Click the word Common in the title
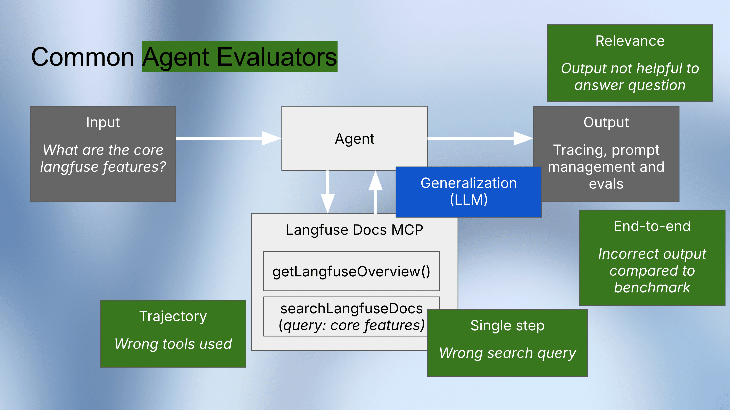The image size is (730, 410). coord(82,57)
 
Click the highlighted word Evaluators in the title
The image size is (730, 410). coord(277,57)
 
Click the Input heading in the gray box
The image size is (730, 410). coord(103,122)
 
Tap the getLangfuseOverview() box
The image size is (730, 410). coord(351,271)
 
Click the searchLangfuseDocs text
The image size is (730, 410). coord(351,308)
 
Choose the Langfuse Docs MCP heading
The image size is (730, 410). coord(354,230)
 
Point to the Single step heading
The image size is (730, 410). coord(507,325)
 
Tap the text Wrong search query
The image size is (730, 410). coord(507,353)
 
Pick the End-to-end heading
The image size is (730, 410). coord(652,226)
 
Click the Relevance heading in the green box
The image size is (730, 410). coord(630,41)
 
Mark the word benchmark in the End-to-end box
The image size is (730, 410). coord(652,287)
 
